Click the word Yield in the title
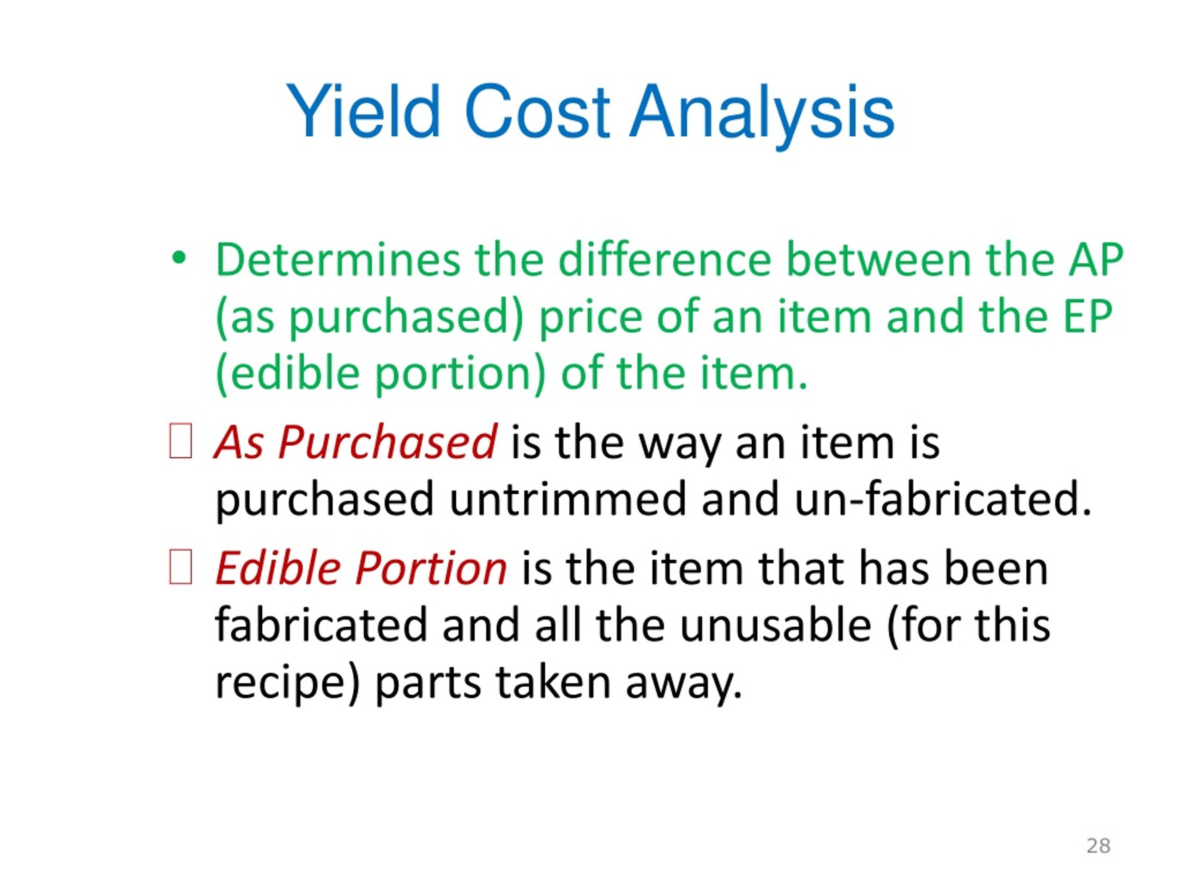coord(363,112)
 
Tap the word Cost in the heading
coord(537,112)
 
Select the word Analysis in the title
coord(761,115)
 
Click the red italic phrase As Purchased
coord(356,443)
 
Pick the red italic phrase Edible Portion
coord(361,568)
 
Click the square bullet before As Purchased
coord(180,441)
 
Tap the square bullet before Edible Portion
coord(180,567)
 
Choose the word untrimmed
coord(567,499)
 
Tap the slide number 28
coord(1098,845)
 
